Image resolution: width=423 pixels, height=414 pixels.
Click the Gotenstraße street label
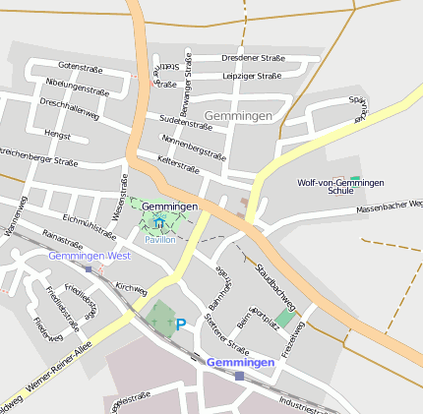tap(81, 66)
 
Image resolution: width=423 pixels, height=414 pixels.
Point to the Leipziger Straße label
tap(252, 76)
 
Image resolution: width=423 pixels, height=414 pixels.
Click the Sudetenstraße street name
tap(179, 124)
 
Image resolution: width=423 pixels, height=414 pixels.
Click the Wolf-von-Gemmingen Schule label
tap(340, 186)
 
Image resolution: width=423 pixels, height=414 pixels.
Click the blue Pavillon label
tap(159, 239)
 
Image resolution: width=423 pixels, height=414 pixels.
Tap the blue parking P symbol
tap(180, 323)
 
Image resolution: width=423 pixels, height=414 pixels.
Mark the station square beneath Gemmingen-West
tap(89, 268)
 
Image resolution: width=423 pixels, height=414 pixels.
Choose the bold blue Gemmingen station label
tap(240, 362)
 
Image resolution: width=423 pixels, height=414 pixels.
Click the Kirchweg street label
tap(131, 288)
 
